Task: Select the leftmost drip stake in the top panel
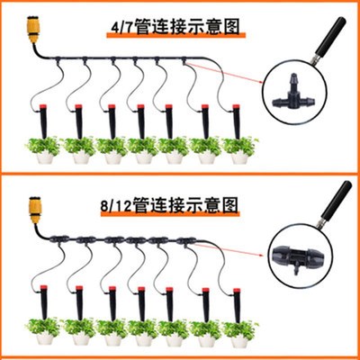(44, 122)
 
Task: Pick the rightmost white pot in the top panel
(238, 157)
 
